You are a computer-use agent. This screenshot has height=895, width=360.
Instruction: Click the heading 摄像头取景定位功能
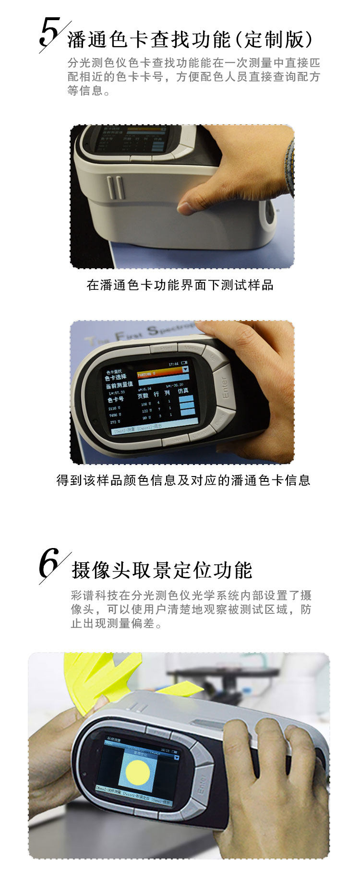tap(162, 570)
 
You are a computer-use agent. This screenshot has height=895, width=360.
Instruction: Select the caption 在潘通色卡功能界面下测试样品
tap(180, 285)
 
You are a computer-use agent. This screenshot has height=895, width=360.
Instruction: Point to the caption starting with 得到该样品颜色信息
tap(183, 480)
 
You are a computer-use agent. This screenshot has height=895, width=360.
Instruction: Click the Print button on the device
tap(166, 347)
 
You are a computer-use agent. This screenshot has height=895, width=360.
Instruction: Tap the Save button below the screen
tap(176, 439)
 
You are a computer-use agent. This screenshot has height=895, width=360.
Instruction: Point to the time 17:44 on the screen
tap(173, 364)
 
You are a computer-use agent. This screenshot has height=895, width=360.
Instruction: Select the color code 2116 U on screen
tap(115, 408)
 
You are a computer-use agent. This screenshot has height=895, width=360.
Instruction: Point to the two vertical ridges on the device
tap(115, 188)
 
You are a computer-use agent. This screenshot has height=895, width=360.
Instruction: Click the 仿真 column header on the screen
tap(183, 391)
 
